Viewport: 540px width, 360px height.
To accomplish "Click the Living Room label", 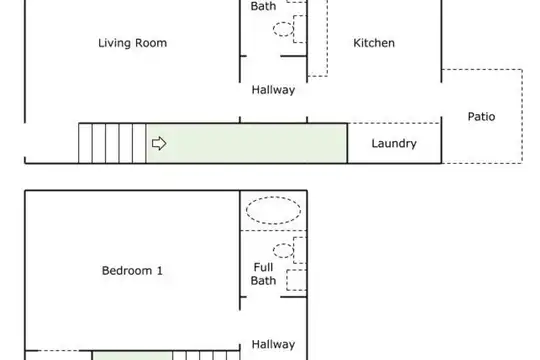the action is [x=133, y=43].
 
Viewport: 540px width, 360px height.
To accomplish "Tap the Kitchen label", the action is [x=374, y=43].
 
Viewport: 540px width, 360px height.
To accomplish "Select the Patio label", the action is [x=481, y=116].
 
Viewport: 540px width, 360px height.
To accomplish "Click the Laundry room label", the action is [x=394, y=143].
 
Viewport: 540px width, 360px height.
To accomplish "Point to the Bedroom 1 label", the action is [x=132, y=270].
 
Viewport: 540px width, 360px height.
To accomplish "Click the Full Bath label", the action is [x=263, y=274].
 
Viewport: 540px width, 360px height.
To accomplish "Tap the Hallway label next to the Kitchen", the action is [x=273, y=90].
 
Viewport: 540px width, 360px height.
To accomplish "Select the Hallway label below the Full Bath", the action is [x=273, y=344].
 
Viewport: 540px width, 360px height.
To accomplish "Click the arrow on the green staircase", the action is [x=159, y=143].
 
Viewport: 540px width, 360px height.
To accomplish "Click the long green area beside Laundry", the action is [x=247, y=143].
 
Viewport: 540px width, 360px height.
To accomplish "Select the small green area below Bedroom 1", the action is [x=133, y=356].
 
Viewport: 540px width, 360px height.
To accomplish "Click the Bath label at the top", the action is [x=263, y=6].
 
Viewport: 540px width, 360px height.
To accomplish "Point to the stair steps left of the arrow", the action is [x=112, y=143].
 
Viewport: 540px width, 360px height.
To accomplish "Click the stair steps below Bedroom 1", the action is [x=206, y=356].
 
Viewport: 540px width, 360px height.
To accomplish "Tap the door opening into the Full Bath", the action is [x=264, y=297].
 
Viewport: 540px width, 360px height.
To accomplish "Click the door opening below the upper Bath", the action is [x=264, y=56].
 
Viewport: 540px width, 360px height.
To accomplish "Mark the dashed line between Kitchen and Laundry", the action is [x=394, y=123].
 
